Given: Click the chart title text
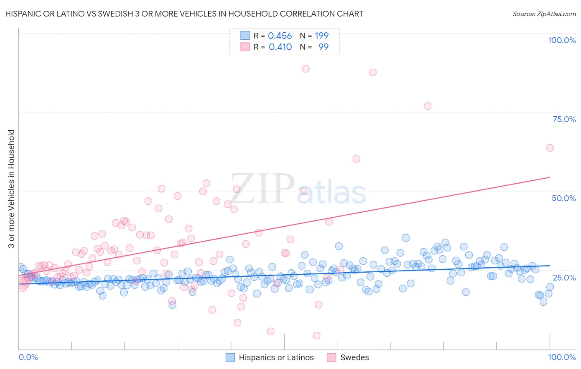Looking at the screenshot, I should [184, 14].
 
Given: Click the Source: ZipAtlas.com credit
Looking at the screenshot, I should [544, 14].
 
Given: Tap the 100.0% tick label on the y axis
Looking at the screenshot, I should [562, 40].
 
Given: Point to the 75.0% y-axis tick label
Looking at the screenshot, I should [564, 119].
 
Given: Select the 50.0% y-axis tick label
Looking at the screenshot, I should [564, 198].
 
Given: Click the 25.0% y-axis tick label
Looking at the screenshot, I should [564, 277].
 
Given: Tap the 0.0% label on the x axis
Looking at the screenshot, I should [29, 357].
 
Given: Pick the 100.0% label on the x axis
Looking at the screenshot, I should [562, 357].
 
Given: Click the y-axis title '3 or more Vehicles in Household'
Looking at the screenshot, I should [12, 189].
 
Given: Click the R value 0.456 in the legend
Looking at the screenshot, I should [280, 36].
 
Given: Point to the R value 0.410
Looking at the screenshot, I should [280, 47].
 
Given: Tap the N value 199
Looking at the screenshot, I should [321, 36].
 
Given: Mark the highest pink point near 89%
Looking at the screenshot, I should [306, 69].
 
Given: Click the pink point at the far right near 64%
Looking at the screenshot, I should [550, 148].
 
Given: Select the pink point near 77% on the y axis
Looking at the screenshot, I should [428, 106].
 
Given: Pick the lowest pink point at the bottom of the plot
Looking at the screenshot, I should [317, 335].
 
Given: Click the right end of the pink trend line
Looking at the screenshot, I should [550, 177].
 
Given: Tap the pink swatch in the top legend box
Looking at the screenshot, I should [245, 47].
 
